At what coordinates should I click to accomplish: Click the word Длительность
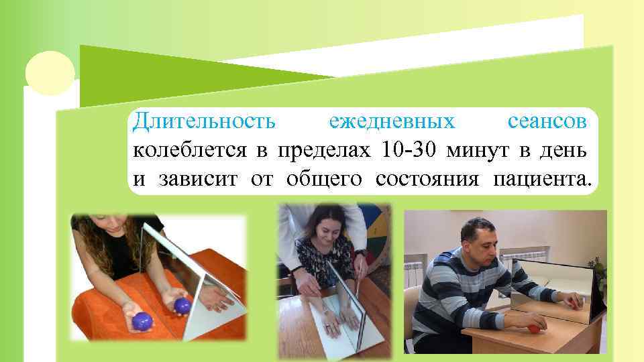coord(204,122)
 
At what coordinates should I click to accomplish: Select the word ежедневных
coord(392,122)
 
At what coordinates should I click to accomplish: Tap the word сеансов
coord(549,122)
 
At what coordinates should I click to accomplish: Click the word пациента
coord(543,179)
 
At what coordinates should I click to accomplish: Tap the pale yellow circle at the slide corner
coord(50,73)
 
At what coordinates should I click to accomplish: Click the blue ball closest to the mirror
coord(182,306)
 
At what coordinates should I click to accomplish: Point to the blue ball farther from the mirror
coord(143,322)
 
